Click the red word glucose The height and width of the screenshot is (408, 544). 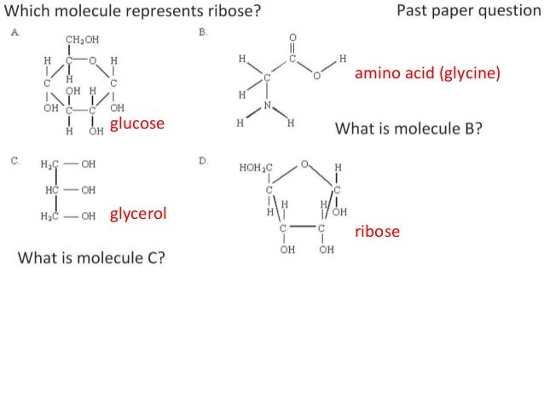tap(136, 124)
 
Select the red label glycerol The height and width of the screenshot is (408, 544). tap(137, 213)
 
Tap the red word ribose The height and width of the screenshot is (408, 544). tap(377, 231)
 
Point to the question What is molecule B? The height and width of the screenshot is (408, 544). tap(409, 129)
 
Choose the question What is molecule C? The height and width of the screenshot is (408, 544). tap(91, 257)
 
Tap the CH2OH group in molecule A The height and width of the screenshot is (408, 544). tap(81, 39)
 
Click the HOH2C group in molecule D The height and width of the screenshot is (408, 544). tap(256, 166)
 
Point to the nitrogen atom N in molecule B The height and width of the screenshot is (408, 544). tap(267, 106)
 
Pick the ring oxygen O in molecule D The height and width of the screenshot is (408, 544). tap(304, 162)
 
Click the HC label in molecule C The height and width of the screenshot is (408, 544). tap(51, 189)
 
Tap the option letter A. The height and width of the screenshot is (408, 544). tap(14, 32)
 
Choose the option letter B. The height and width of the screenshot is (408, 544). tap(202, 32)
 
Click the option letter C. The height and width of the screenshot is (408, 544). tap(14, 159)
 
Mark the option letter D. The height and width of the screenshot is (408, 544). tap(202, 159)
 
